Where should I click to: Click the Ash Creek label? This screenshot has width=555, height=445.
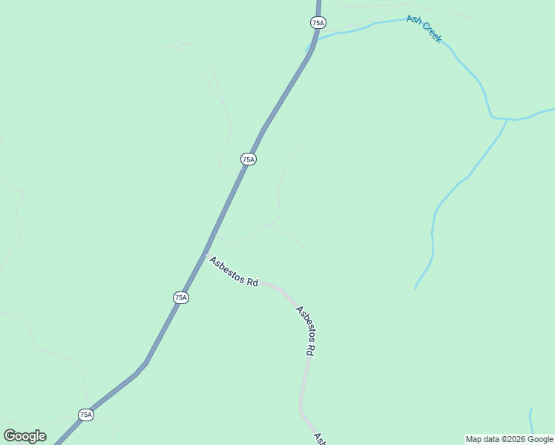click(424, 30)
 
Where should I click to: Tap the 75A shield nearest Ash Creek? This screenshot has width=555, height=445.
click(318, 23)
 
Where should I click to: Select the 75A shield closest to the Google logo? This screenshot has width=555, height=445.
click(86, 415)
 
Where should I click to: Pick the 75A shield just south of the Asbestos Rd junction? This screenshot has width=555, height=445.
click(181, 297)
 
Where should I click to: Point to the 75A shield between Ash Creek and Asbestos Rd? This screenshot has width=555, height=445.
click(249, 159)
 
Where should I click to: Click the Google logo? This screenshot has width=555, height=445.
click(24, 436)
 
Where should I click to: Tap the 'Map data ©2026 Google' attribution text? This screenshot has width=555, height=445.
click(509, 439)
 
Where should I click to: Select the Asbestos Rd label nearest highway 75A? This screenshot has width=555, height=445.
click(233, 272)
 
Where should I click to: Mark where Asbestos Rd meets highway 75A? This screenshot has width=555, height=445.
click(205, 254)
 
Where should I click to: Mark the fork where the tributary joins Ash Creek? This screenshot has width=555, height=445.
click(507, 119)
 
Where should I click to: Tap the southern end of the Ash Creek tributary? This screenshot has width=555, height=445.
click(416, 287)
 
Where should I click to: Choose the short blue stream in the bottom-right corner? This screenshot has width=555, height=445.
click(531, 420)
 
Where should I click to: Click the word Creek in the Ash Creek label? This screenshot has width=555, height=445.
click(430, 33)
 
